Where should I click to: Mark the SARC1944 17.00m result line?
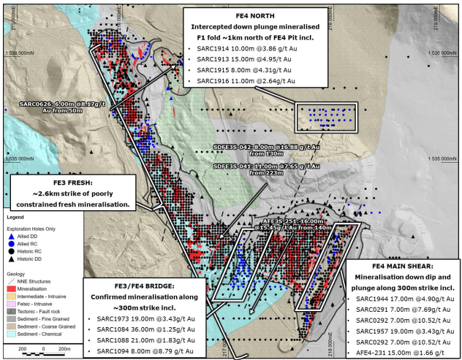(401, 299)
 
